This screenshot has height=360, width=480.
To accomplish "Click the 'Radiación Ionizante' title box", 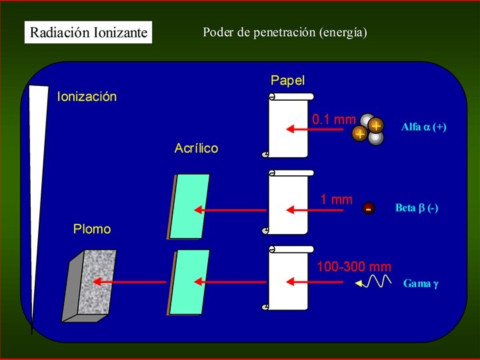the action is pyautogui.click(x=88, y=32).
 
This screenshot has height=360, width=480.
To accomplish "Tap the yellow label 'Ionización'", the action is pyautogui.click(x=87, y=97).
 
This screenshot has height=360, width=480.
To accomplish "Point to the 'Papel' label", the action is pyautogui.click(x=288, y=80).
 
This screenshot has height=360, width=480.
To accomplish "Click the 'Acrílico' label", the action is pyautogui.click(x=196, y=148).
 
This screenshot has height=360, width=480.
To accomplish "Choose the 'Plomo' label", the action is pyautogui.click(x=92, y=229).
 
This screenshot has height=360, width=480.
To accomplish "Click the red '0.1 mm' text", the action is pyautogui.click(x=334, y=119).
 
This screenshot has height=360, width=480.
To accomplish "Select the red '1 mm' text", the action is pyautogui.click(x=337, y=199).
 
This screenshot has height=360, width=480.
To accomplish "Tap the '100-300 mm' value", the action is pyautogui.click(x=354, y=267).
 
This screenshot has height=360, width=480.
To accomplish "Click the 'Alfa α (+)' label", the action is pyautogui.click(x=424, y=127).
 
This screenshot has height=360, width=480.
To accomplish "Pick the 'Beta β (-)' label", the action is pyautogui.click(x=417, y=208).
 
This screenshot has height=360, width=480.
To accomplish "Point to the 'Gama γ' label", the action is pyautogui.click(x=421, y=283).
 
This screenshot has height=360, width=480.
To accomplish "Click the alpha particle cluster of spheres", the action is pyautogui.click(x=367, y=129).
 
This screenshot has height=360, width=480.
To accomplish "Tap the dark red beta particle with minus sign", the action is pyautogui.click(x=369, y=209).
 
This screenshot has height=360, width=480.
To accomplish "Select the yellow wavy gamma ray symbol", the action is pyautogui.click(x=373, y=281).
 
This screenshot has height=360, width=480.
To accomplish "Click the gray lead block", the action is pyautogui.click(x=89, y=286).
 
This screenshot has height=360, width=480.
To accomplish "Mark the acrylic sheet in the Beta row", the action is pyautogui.click(x=188, y=207).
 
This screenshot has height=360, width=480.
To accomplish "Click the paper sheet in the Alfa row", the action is pyautogui.click(x=288, y=125).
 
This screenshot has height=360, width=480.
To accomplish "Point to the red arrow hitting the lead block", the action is pyautogui.click(x=129, y=281).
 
